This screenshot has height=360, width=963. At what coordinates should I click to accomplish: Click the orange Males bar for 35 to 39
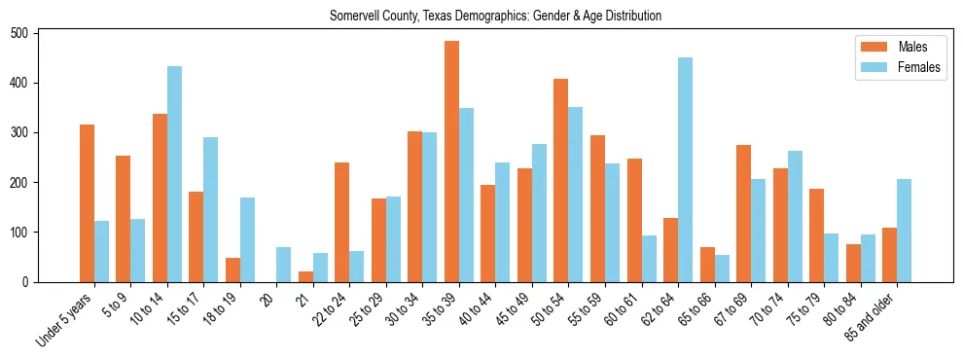tap(451, 162)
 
